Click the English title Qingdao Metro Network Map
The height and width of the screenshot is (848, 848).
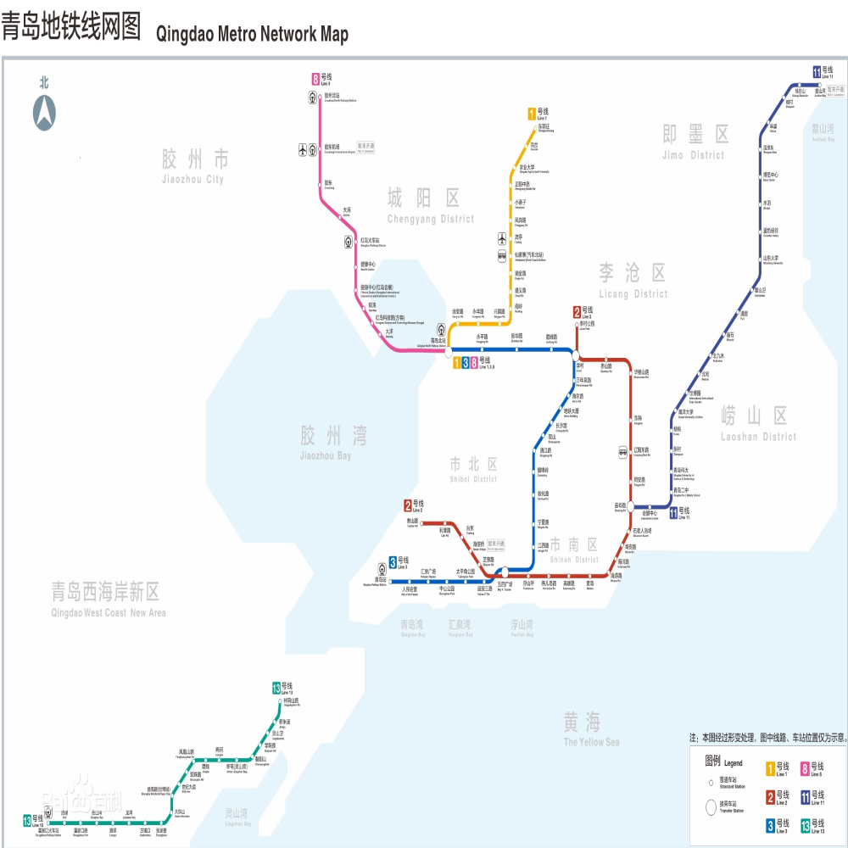coord(253,35)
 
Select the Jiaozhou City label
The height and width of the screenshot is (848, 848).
coord(194,165)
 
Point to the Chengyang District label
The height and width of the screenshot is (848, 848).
coord(430,207)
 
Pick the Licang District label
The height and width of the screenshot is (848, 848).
coord(633,281)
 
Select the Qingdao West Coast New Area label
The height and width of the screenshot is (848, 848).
coord(108,600)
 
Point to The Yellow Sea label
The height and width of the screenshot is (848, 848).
coord(591,728)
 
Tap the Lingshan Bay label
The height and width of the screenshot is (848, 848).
coord(237,817)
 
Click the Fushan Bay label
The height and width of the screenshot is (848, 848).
coord(522,628)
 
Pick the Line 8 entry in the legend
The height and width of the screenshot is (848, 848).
coord(812,769)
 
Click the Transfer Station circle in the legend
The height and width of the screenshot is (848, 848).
coord(711,806)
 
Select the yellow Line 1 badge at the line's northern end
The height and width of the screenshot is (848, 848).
coord(532,113)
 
